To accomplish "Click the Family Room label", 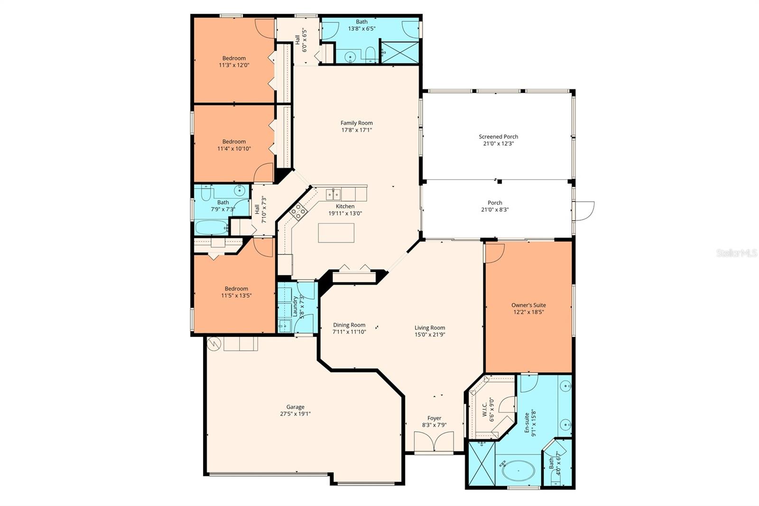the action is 356,123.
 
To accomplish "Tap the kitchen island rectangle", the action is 336,233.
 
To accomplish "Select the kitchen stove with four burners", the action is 298,212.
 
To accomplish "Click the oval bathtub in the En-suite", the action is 518,471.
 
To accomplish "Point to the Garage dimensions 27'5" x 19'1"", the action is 296,414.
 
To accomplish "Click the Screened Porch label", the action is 499,137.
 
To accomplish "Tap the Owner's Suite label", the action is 528,305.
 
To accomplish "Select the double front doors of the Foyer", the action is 434,441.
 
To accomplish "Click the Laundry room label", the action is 295,307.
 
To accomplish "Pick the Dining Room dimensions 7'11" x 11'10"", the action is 349,332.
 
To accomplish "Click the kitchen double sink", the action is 333,195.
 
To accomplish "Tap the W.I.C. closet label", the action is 484,410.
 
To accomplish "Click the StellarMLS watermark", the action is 737,253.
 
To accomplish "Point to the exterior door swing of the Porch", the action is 583,211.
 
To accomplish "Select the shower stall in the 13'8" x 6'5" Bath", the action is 400,52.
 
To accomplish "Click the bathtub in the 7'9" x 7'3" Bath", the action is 212,227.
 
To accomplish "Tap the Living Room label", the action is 430,328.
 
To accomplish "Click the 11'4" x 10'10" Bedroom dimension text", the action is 234,149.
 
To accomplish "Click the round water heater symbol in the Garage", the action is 214,344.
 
